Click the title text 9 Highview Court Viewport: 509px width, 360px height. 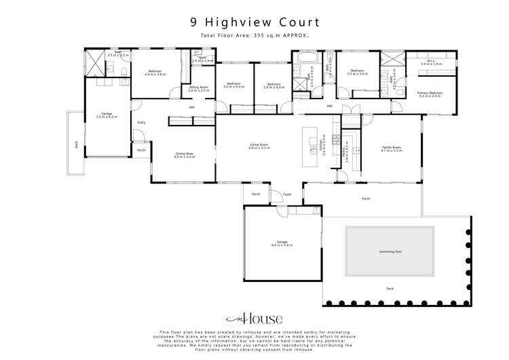254,22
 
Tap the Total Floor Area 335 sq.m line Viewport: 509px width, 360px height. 254,35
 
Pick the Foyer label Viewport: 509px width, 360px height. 287,194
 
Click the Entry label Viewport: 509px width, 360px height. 141,122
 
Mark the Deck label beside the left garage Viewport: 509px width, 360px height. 76,144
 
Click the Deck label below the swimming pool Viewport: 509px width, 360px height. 390,289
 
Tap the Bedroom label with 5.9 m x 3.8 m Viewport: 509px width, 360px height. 155,72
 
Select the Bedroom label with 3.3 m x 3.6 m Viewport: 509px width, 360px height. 357,71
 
